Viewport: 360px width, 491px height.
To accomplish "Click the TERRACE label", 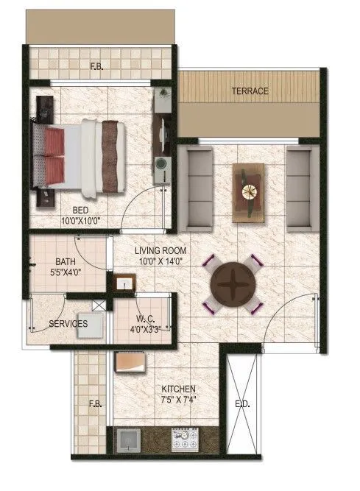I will [250, 91].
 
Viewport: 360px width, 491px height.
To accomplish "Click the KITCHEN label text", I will [180, 388].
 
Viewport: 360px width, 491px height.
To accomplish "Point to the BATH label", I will [66, 261].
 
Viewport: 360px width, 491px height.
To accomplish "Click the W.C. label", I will [144, 319].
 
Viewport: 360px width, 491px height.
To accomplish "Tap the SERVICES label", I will [68, 323].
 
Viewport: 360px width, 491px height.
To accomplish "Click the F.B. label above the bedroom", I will [96, 66].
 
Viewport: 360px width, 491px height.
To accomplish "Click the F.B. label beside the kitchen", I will [95, 403].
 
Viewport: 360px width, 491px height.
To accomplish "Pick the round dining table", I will [232, 283].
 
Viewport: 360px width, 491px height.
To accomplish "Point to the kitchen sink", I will [129, 439].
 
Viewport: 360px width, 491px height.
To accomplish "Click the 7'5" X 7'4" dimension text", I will [180, 399].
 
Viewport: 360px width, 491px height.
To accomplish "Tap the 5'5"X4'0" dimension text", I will [66, 272].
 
